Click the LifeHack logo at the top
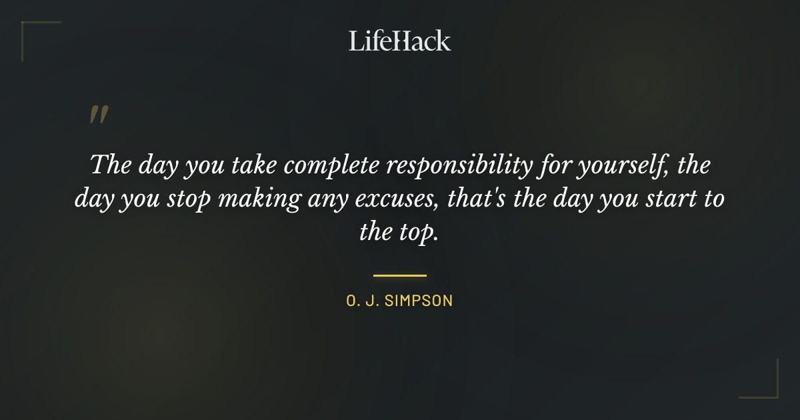(400, 41)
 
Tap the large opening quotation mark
(98, 115)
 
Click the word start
(660, 199)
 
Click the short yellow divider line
(400, 275)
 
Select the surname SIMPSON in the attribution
(420, 301)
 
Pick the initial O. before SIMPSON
(353, 301)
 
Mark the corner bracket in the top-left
(33, 33)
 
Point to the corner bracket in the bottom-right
(767, 387)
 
